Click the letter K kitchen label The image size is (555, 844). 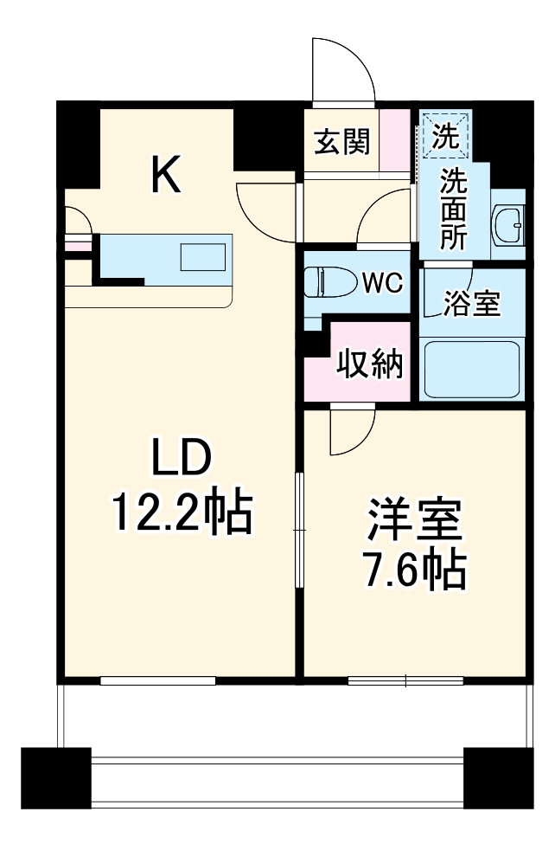pyautogui.click(x=166, y=174)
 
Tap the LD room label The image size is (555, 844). pyautogui.click(x=182, y=459)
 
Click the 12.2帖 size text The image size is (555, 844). pyautogui.click(x=181, y=513)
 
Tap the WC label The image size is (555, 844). pyautogui.click(x=381, y=282)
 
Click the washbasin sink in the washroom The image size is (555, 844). pyautogui.click(x=507, y=228)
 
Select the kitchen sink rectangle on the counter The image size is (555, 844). pyautogui.click(x=202, y=258)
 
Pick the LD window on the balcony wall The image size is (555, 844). pyautogui.click(x=157, y=680)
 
